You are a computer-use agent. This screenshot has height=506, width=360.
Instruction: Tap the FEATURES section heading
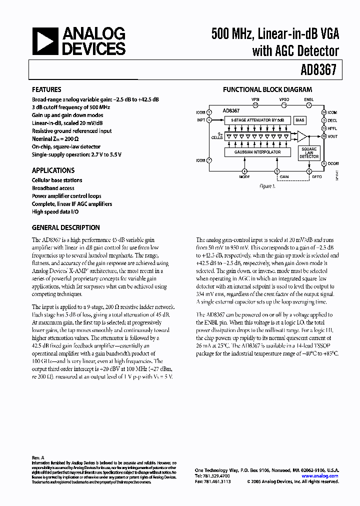46,90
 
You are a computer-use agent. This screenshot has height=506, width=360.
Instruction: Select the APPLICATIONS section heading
53,170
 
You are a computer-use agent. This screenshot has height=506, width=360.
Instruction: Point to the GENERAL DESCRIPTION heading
65,227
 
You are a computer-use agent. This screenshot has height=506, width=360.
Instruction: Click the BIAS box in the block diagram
300,120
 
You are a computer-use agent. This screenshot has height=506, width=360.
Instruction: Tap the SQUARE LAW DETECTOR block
308,153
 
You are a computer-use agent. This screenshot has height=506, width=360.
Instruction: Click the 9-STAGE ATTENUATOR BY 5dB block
253,120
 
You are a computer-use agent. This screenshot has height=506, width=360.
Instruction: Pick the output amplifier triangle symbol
302,136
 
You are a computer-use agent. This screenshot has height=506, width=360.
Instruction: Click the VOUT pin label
333,136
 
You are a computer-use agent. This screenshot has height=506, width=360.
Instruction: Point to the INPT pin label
200,120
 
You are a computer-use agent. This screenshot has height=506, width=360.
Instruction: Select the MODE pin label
244,176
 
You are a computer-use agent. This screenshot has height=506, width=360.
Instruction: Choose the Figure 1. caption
267,186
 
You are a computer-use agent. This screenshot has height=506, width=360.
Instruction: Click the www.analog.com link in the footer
324,476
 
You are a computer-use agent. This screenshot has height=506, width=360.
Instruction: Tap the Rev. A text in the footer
38,457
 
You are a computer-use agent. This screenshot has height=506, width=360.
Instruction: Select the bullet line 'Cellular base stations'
57,180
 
